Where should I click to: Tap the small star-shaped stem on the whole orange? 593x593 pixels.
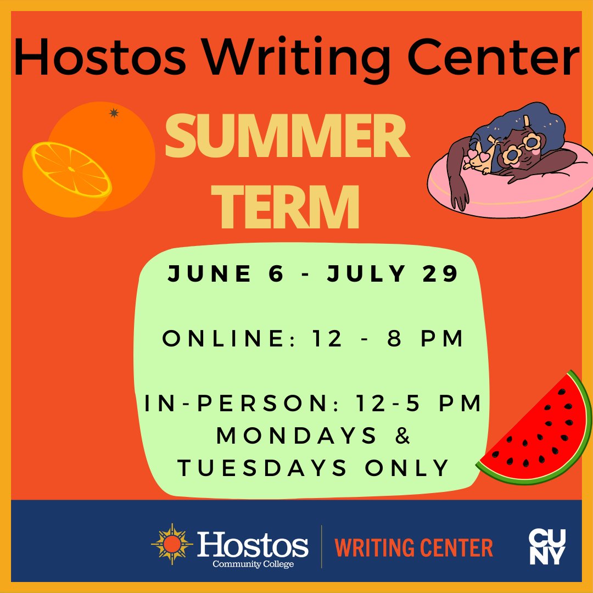[114, 113]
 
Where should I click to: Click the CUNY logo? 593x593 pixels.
[546, 546]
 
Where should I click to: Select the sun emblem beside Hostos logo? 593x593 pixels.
[172, 544]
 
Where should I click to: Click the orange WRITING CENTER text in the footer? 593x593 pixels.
[414, 547]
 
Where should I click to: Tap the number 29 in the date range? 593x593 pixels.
[440, 274]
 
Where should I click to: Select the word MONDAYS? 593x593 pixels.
[297, 436]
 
